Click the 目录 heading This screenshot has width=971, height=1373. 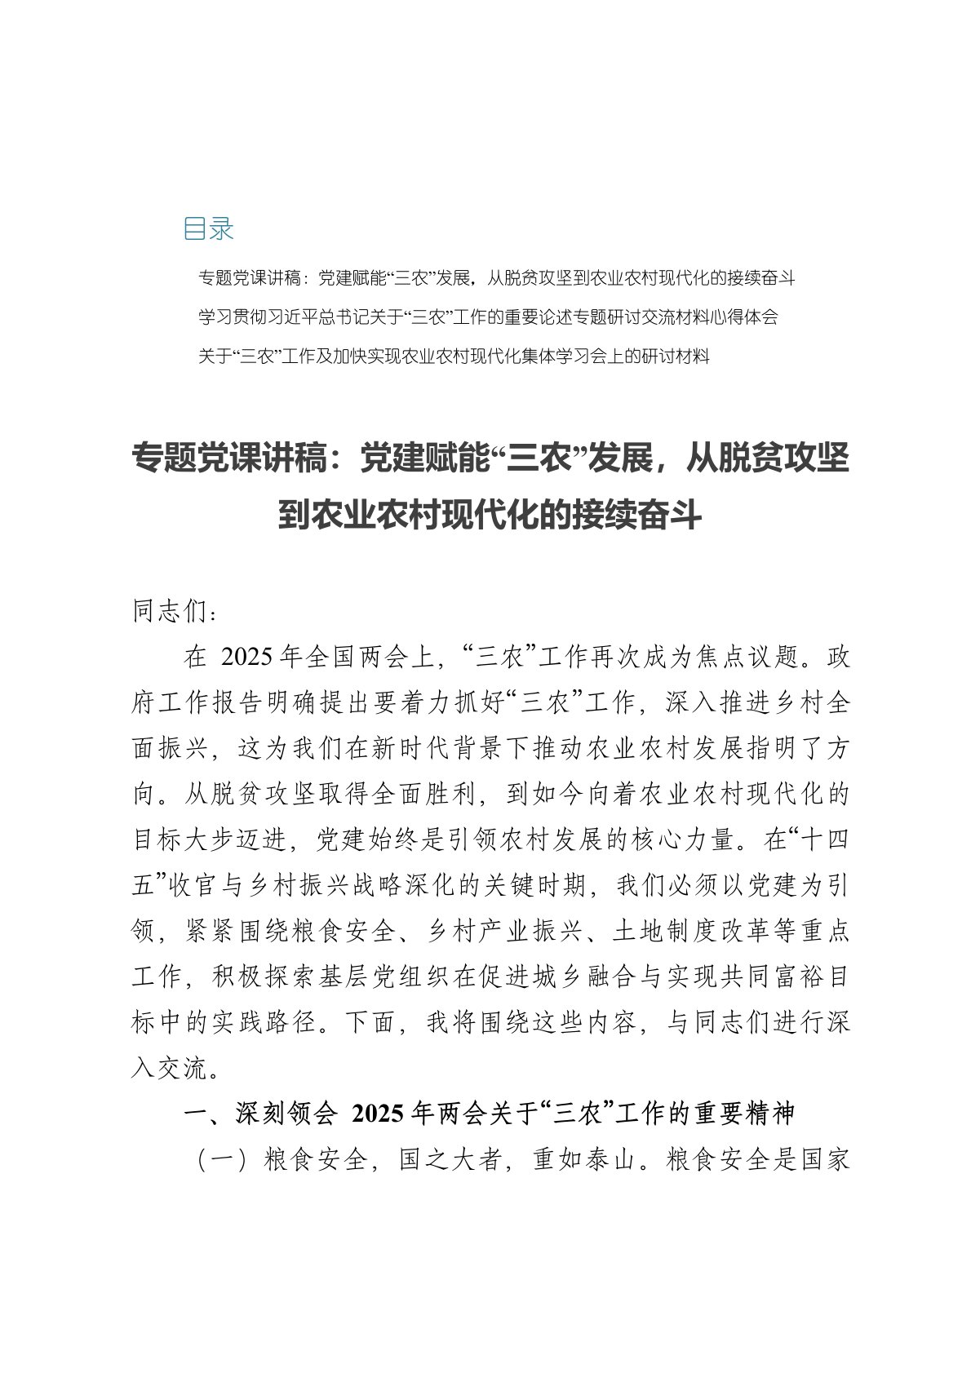(x=209, y=229)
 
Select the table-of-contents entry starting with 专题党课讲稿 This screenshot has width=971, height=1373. (x=496, y=278)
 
